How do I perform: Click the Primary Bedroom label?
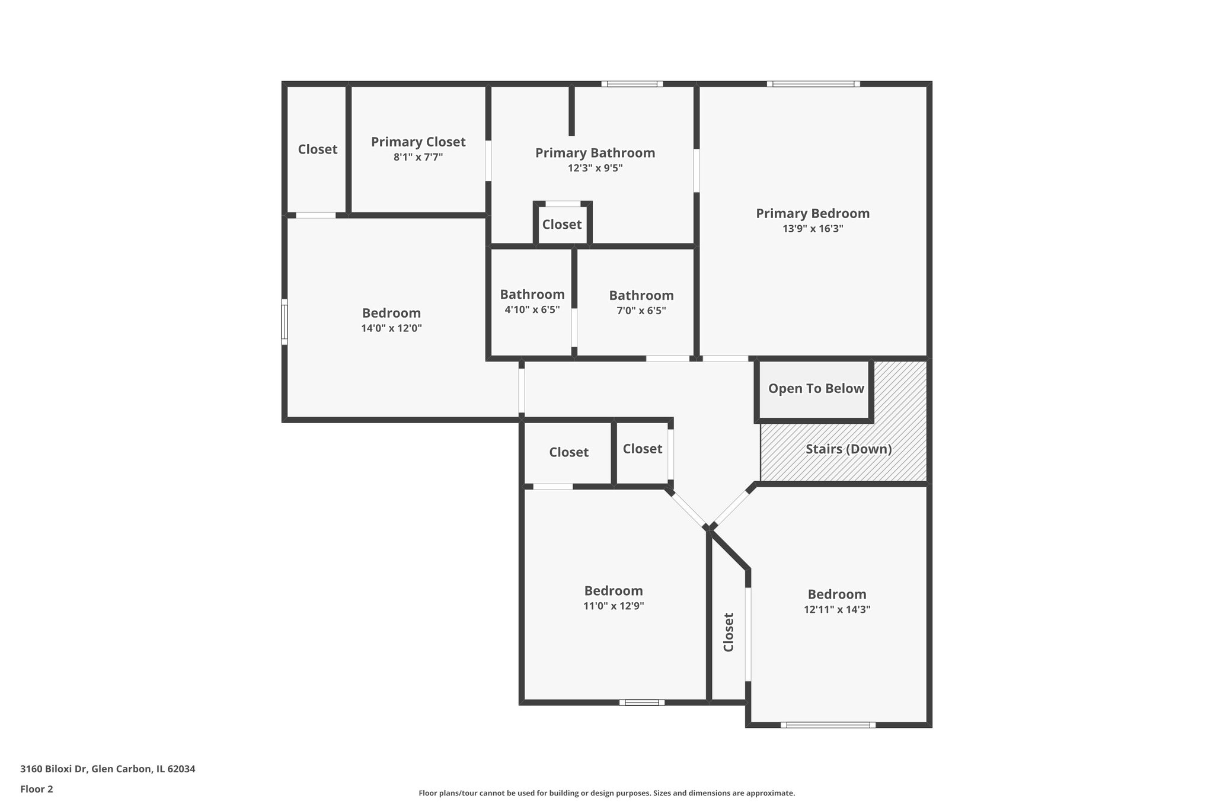coord(812,213)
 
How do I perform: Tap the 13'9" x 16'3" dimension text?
coord(812,229)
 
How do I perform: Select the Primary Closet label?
coord(418,142)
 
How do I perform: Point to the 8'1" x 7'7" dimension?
coord(418,157)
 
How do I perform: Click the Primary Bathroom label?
coord(595,153)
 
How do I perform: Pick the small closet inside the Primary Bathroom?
coord(562,225)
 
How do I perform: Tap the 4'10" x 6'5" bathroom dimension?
coord(532,309)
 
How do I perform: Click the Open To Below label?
coord(816,389)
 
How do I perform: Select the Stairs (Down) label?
coord(848,449)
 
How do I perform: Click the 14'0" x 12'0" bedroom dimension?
coord(391,328)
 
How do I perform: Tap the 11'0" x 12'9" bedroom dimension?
coord(614,606)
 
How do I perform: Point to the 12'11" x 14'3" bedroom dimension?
coord(837,609)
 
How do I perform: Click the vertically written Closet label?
coord(729,632)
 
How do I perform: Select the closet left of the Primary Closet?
coord(318,149)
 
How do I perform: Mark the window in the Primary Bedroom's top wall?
coord(813,84)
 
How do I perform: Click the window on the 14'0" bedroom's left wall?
coord(285,322)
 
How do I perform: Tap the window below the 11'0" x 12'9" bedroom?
coord(642,702)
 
